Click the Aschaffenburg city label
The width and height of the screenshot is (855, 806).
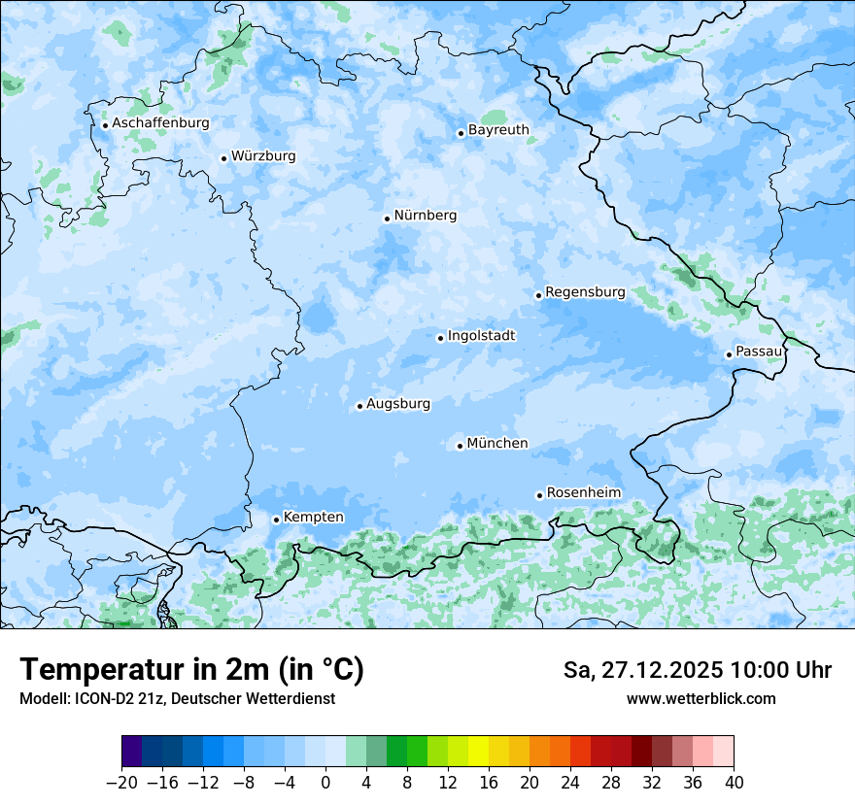[160, 123]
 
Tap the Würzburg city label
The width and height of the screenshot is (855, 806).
[263, 156]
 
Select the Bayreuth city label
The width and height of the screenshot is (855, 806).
[498, 130]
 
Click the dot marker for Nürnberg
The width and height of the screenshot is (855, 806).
[387, 218]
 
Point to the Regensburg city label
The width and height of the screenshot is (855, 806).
[585, 292]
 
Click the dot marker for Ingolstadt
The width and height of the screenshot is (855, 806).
[440, 339]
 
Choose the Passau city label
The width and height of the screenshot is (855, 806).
[759, 352]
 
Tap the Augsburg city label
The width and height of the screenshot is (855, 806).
[398, 404]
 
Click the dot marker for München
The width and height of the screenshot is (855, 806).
[460, 447]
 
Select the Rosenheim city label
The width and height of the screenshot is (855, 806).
[583, 493]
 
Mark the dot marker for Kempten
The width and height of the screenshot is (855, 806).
[276, 520]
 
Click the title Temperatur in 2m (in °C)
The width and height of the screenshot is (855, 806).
[191, 670]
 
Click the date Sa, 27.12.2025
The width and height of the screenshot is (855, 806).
[642, 670]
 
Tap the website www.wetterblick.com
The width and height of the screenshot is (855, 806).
[701, 699]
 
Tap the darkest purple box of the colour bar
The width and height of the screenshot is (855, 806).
[132, 752]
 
